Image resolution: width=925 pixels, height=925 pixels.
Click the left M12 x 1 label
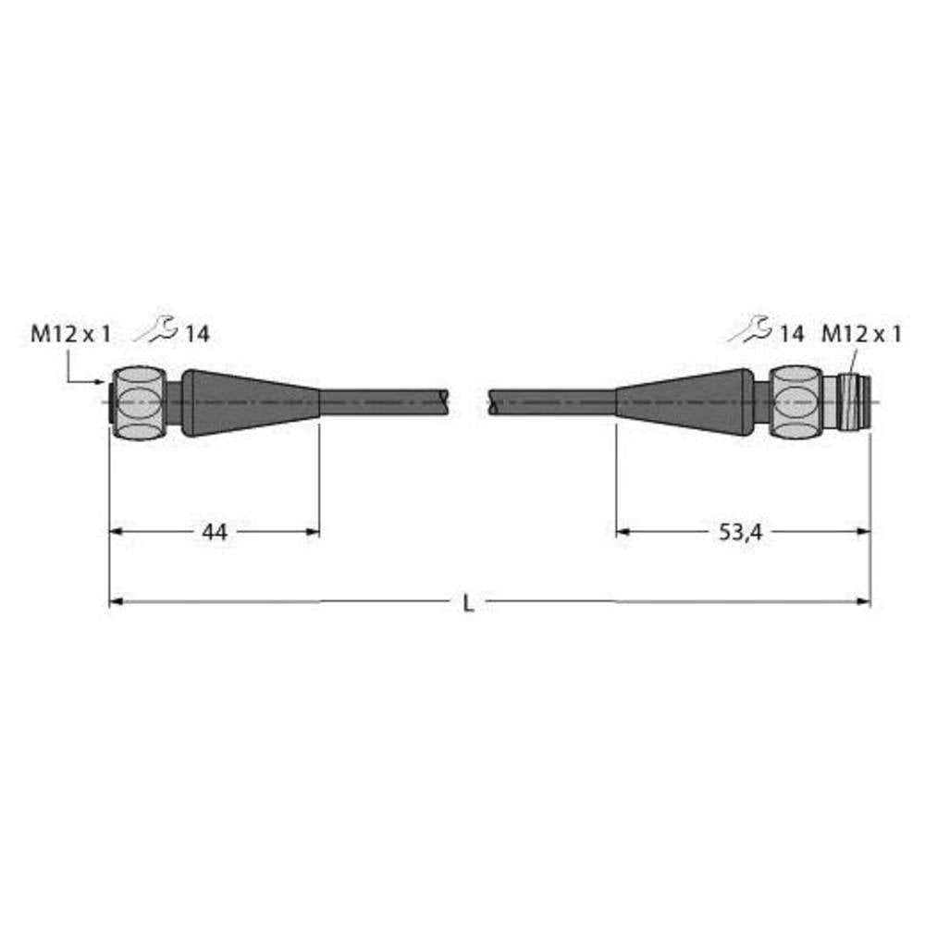(70, 335)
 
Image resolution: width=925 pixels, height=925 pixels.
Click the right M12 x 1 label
(861, 335)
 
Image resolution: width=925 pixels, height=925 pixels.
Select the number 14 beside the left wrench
(197, 335)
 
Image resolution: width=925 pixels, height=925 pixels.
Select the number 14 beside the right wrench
(791, 335)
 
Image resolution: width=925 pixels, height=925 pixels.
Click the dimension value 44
(215, 532)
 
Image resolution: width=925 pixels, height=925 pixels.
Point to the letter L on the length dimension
(469, 603)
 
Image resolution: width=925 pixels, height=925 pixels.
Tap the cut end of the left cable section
(448, 400)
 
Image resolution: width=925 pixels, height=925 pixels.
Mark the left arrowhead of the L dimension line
(116, 602)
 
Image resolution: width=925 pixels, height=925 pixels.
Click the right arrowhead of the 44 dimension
(314, 532)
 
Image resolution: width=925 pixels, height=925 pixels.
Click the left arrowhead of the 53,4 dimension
(623, 532)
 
